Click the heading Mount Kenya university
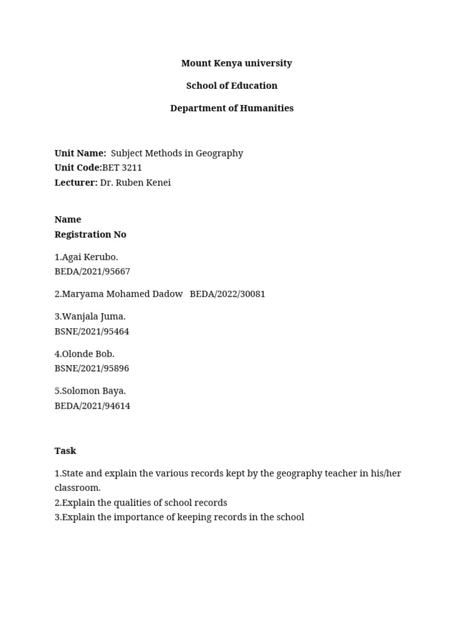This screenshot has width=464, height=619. tap(236, 63)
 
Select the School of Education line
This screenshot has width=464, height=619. tap(231, 86)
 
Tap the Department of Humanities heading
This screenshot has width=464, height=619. tap(231, 108)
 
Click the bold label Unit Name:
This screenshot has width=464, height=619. tap(80, 154)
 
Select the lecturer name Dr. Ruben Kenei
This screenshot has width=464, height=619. tap(135, 183)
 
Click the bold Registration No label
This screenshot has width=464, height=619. tap(90, 235)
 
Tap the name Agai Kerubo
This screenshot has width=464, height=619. tap(89, 258)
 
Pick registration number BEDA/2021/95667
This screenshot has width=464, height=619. tap(92, 272)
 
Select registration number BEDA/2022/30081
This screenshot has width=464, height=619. tap(227, 294)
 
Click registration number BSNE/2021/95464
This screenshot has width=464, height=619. tap(91, 332)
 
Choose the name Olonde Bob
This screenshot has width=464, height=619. tap(88, 354)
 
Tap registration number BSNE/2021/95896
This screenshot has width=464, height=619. tap(91, 369)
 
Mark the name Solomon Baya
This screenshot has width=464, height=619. tap(94, 391)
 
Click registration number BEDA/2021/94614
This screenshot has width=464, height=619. tap(92, 406)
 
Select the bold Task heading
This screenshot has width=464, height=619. tap(65, 451)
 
